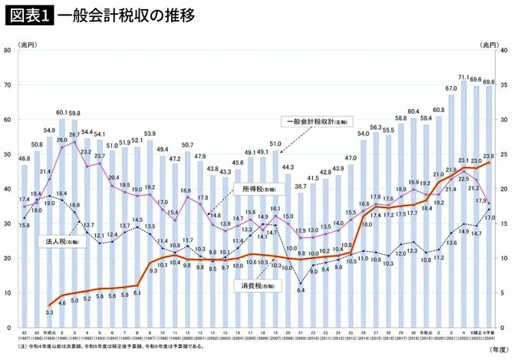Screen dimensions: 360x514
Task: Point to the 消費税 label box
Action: [x=258, y=284]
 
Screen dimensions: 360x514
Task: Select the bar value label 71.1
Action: [x=463, y=77]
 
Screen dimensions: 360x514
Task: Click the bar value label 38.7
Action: [x=300, y=186]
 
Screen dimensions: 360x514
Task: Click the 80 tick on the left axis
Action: [x=7, y=51]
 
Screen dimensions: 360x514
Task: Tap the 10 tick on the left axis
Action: [x=7, y=292]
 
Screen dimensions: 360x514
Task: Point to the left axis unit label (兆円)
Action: [x=16, y=44]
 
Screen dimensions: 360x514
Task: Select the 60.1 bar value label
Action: [x=62, y=112]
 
